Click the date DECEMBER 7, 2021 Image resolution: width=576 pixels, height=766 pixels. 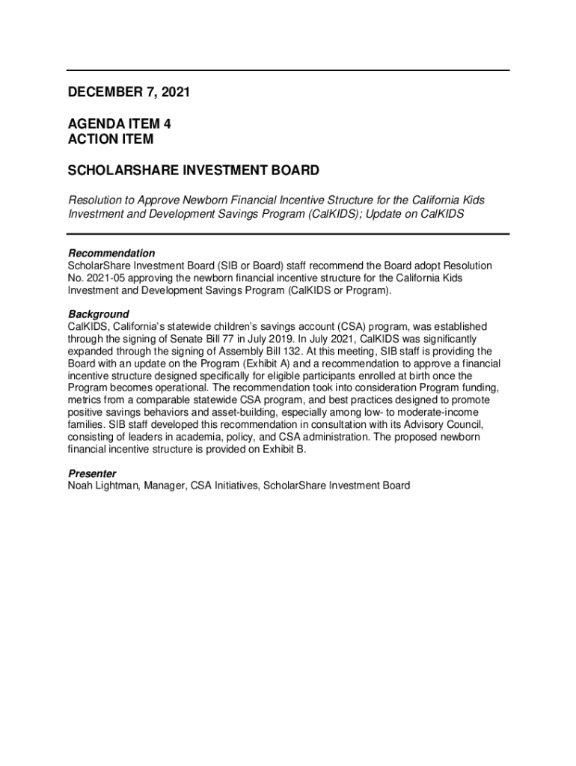coord(129,93)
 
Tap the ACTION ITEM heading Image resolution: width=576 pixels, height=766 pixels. coord(111,139)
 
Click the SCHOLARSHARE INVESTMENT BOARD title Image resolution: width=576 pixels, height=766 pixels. coord(194,171)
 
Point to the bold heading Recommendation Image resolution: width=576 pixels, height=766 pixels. coord(111,253)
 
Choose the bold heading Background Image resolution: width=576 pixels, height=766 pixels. coord(98,314)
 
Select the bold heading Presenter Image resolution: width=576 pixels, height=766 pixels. coord(92,474)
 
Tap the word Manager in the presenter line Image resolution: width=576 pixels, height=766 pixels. coord(165,485)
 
